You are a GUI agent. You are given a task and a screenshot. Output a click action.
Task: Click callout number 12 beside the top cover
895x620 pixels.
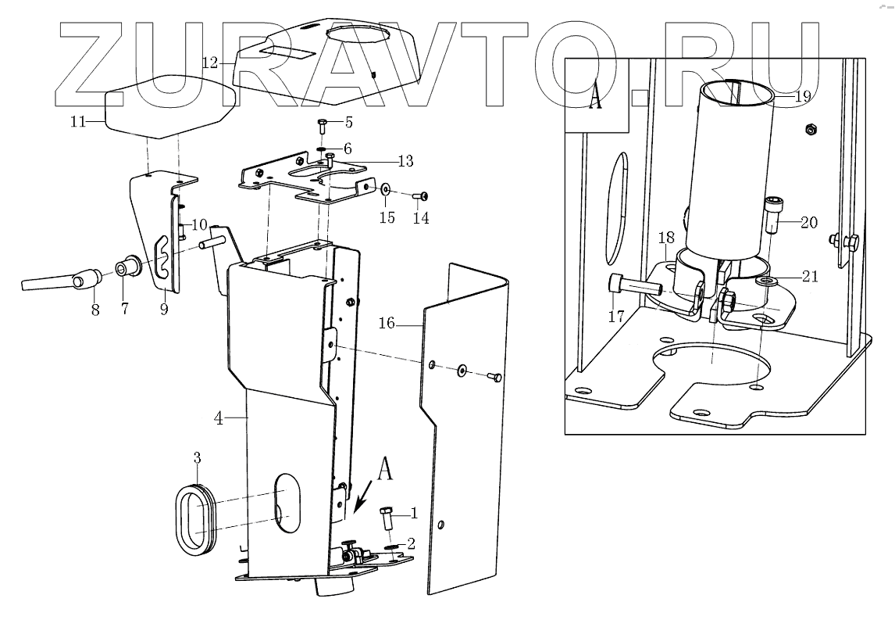pos(209,62)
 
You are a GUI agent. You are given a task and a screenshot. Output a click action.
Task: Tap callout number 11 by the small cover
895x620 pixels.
pos(77,121)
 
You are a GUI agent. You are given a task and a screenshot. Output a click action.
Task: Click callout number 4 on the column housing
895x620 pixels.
pos(219,418)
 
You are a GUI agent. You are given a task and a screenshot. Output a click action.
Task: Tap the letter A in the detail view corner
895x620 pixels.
pos(595,100)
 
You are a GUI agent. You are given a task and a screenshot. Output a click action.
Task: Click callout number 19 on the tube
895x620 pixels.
pos(802,97)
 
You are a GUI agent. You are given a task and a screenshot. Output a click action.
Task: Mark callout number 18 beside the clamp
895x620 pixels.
pos(665,238)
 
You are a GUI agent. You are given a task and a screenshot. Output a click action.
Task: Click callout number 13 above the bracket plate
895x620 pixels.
pos(405,161)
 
